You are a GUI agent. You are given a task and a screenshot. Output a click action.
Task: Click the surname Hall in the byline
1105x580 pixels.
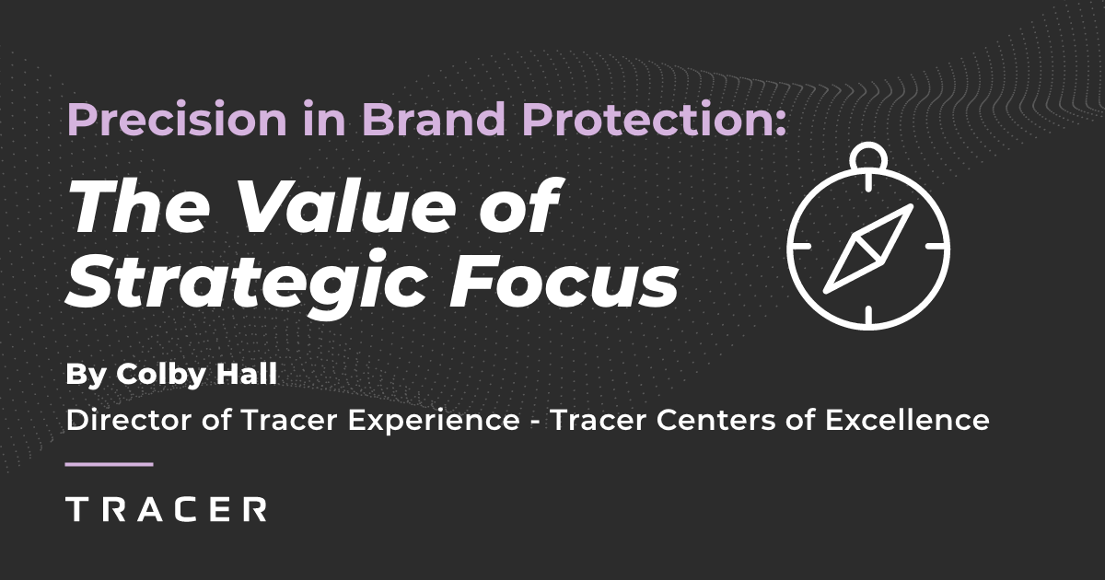pos(226,376)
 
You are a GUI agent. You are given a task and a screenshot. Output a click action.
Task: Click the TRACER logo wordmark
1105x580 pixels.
pos(167,508)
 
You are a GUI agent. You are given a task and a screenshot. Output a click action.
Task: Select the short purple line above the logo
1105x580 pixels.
pos(110,464)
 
